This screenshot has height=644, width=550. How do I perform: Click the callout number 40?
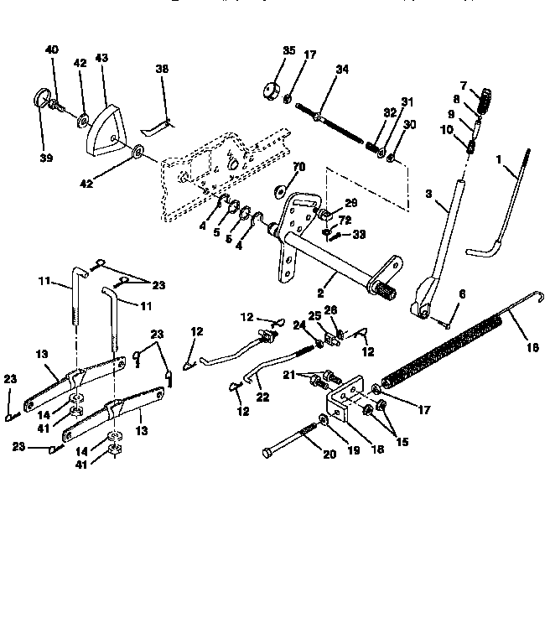pyautogui.click(x=52, y=50)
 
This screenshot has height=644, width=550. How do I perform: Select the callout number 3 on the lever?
pyautogui.click(x=428, y=194)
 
